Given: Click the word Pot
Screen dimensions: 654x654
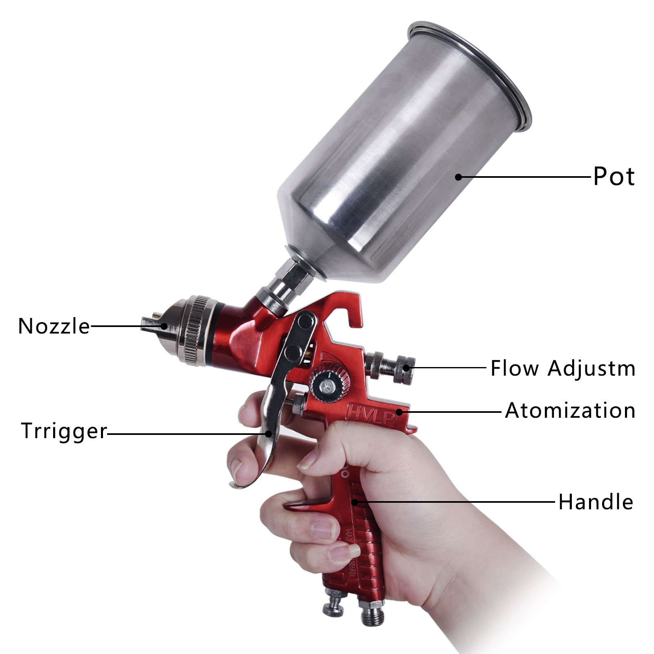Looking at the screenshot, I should [x=614, y=177].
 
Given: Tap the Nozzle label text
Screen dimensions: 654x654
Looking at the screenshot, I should [x=54, y=326].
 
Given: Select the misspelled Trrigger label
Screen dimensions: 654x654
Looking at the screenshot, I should [x=64, y=431].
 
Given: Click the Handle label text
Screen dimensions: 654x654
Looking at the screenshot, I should [x=596, y=502].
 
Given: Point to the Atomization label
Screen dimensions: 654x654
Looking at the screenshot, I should [x=570, y=410].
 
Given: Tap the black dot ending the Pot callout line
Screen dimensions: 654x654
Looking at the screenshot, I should [x=459, y=177].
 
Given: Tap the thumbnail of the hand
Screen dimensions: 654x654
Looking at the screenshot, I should [x=309, y=461].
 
